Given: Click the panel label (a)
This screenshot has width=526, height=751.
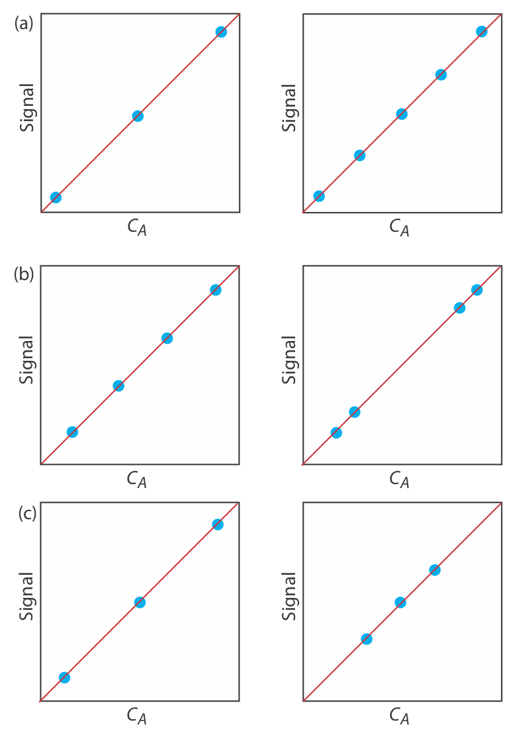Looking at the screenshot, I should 23,24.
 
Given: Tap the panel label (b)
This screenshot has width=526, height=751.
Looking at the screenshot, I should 23,274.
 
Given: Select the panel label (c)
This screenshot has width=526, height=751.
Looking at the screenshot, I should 27,513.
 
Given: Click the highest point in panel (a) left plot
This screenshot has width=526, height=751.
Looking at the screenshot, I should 221,32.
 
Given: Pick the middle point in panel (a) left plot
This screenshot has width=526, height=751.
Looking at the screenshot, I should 138,116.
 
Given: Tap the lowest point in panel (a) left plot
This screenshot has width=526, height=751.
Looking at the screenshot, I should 56,197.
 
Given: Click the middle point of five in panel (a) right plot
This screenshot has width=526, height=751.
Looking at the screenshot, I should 402,114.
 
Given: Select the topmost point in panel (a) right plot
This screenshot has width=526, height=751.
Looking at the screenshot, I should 482,31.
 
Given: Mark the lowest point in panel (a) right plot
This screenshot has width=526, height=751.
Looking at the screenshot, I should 319,196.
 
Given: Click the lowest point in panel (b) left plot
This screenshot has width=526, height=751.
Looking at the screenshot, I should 72,432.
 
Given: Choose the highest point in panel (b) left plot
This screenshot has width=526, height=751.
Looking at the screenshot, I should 216,289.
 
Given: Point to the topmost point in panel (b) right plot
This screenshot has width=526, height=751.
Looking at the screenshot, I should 476,289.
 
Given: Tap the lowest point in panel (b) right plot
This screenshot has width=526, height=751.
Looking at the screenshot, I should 336,432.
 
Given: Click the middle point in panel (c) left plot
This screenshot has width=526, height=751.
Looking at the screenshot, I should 140,602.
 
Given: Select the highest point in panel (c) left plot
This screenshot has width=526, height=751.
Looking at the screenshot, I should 218,525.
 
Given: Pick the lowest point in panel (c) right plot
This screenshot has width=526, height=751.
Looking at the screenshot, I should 367,638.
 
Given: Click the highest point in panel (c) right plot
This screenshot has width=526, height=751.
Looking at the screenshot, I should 435,570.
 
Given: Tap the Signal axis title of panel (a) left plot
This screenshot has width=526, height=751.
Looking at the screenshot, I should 27,107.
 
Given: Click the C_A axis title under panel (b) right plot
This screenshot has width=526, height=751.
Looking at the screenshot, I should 399,479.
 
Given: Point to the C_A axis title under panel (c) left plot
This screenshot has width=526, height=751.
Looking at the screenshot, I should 137,716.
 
